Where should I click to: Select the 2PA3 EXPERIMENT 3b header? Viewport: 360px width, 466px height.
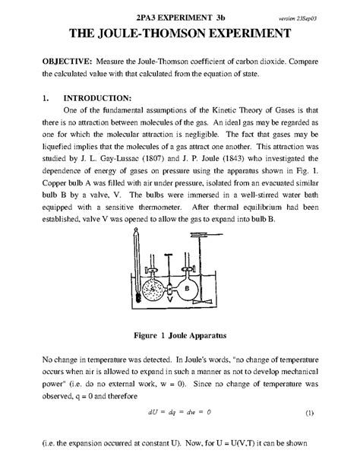pyautogui.click(x=179, y=16)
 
